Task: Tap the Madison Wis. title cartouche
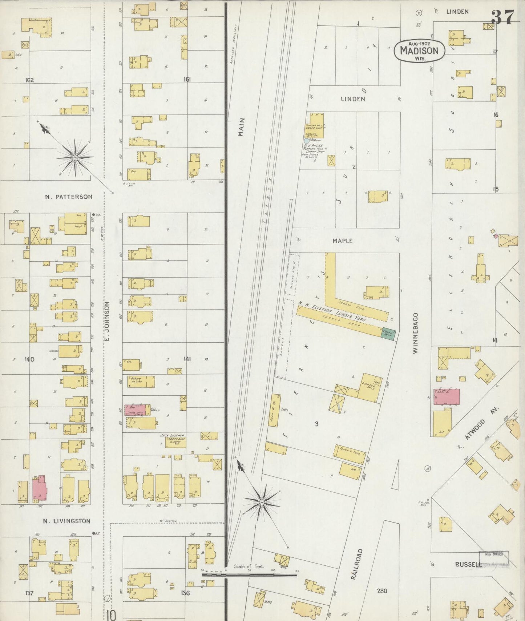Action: click(419, 51)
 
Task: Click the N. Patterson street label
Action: click(69, 197)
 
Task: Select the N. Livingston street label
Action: click(66, 521)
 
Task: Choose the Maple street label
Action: click(342, 241)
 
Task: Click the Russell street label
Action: click(468, 564)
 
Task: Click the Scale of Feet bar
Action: click(249, 575)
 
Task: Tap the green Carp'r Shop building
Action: click(388, 334)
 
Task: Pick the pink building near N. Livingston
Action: click(40, 488)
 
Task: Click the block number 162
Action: click(29, 80)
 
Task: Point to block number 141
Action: click(187, 359)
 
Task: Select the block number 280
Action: click(382, 591)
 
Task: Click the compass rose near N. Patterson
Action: click(75, 158)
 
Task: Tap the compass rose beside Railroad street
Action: click(262, 502)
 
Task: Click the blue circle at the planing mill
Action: click(306, 141)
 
